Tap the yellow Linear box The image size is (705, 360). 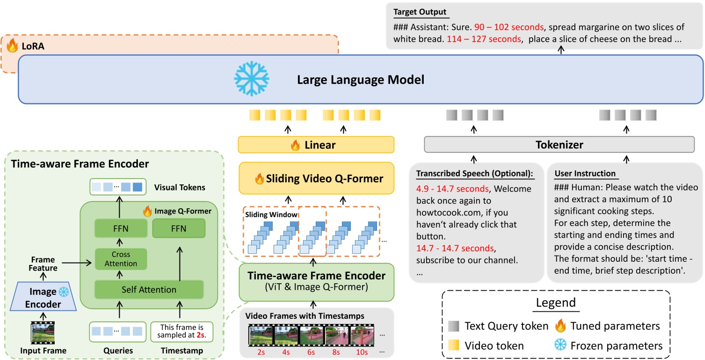pyautogui.click(x=316, y=145)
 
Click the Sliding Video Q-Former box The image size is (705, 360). pyautogui.click(x=316, y=178)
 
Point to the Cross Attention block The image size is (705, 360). pyautogui.click(x=121, y=259)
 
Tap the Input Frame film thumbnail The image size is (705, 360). pyautogui.click(x=42, y=332)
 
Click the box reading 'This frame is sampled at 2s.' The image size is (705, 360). pyautogui.click(x=182, y=331)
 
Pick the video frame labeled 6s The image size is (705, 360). pyautogui.click(x=312, y=335)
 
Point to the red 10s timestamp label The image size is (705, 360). pyautogui.click(x=363, y=350)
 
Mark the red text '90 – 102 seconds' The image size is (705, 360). pyautogui.click(x=503, y=27)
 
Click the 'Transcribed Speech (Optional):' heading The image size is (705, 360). pyautogui.click(x=474, y=174)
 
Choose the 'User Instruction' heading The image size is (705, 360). pyautogui.click(x=585, y=174)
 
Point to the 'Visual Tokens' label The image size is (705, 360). pyautogui.click(x=179, y=187)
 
